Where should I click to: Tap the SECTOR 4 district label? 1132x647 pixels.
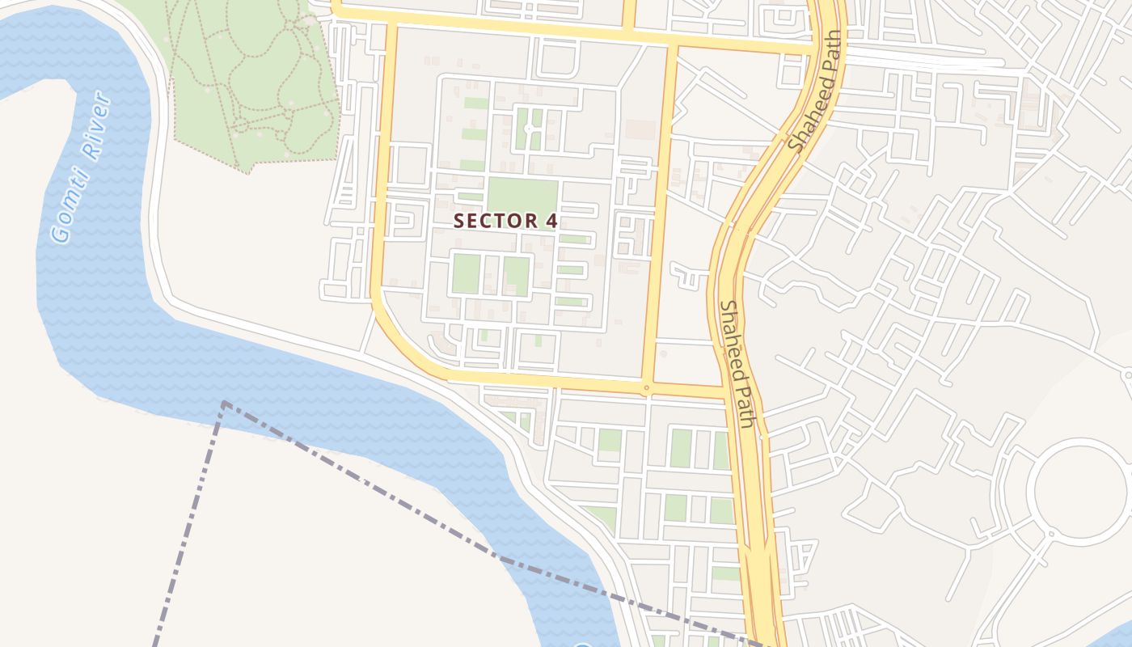[x=505, y=221]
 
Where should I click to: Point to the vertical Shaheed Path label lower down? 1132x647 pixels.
[x=738, y=363]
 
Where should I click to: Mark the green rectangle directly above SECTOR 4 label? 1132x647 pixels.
[x=522, y=195]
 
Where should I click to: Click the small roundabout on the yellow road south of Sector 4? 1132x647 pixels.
[x=646, y=388]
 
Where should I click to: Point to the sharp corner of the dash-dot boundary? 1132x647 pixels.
[x=224, y=403]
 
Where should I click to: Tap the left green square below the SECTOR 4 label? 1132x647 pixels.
[x=465, y=273]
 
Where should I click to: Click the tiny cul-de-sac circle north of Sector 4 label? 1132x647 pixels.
[x=528, y=129]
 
